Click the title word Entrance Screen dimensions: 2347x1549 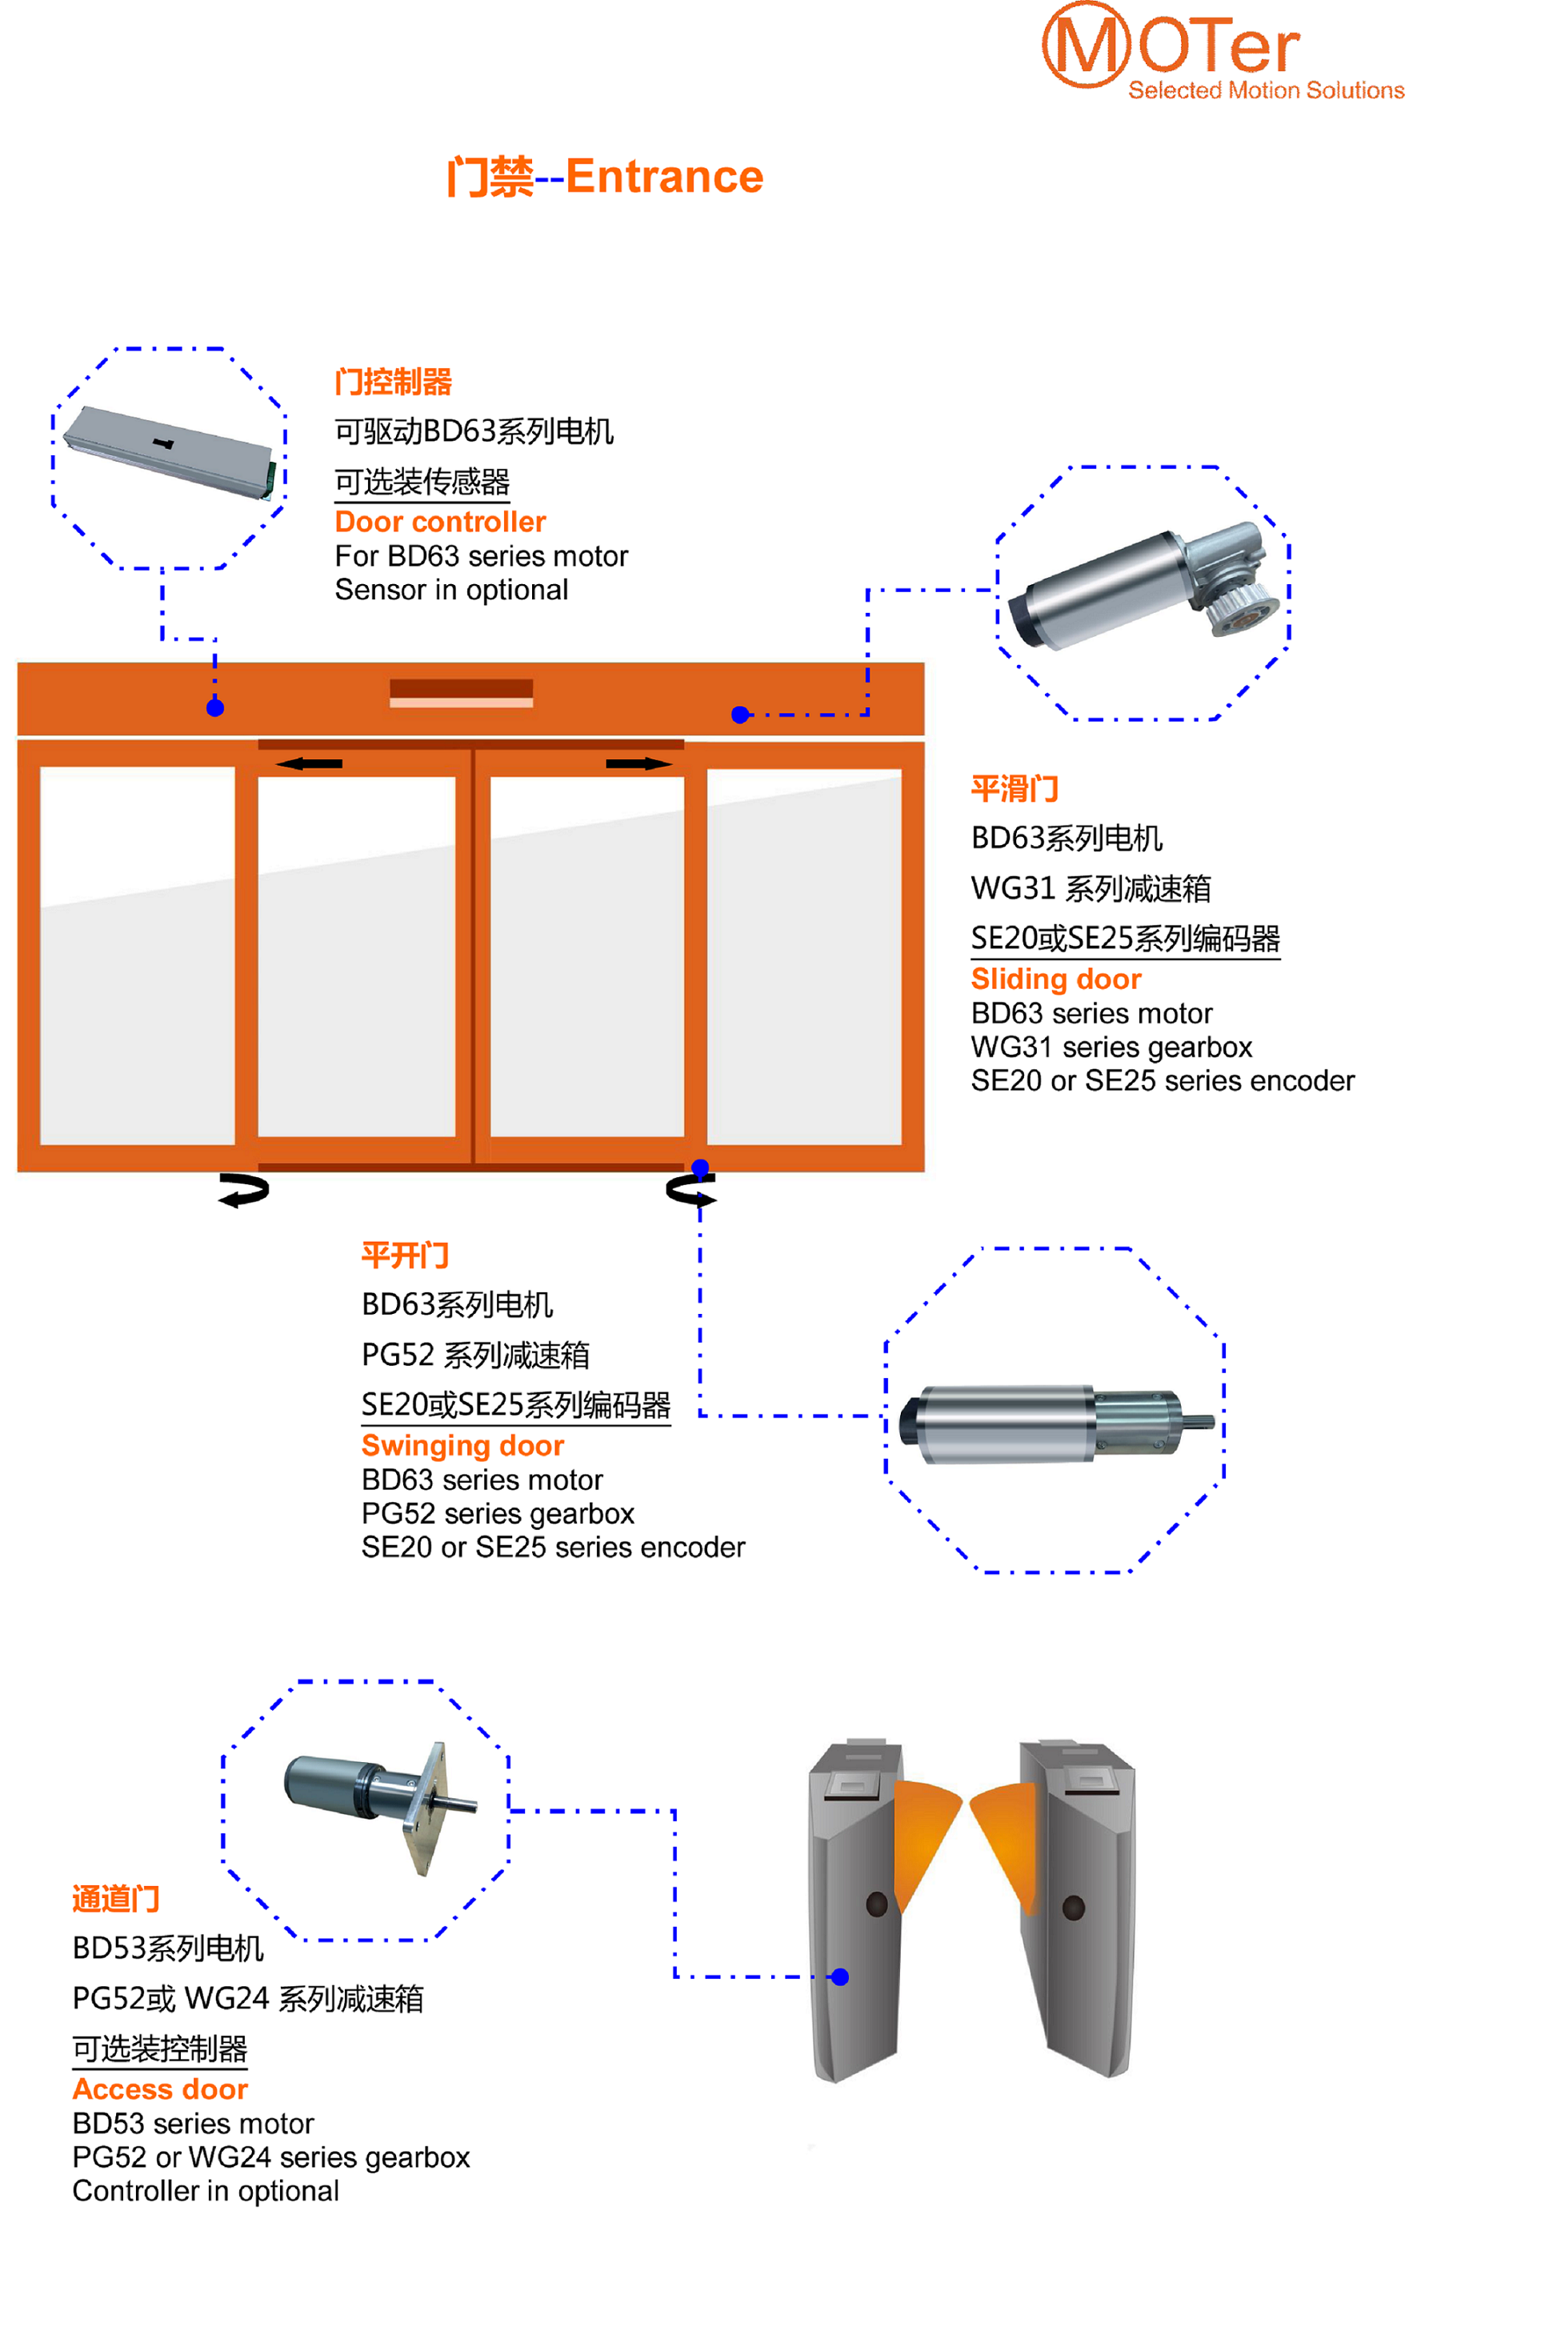pyautogui.click(x=664, y=177)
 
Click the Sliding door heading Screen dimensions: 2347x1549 pyautogui.click(x=1055, y=979)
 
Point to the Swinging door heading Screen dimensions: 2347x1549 pyautogui.click(x=462, y=1445)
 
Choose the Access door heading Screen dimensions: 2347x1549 pyautogui.click(x=160, y=2089)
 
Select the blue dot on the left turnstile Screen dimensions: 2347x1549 pyautogui.click(x=839, y=1977)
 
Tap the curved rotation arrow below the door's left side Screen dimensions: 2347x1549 pyautogui.click(x=243, y=1190)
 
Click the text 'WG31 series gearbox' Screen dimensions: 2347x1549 pyautogui.click(x=1111, y=1047)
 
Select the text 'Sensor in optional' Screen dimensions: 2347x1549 pyautogui.click(x=451, y=590)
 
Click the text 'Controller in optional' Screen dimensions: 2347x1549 pyautogui.click(x=206, y=2191)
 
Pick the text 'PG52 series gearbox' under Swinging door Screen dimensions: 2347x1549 pyautogui.click(x=497, y=1513)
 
